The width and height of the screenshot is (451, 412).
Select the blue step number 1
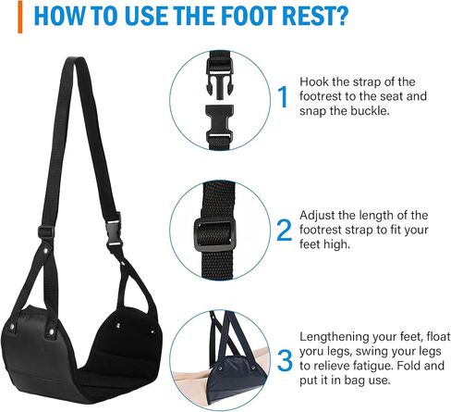283,96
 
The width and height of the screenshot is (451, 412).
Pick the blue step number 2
283,230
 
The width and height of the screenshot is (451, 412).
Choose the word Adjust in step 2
321,215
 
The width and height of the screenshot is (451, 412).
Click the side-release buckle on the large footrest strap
115,225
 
